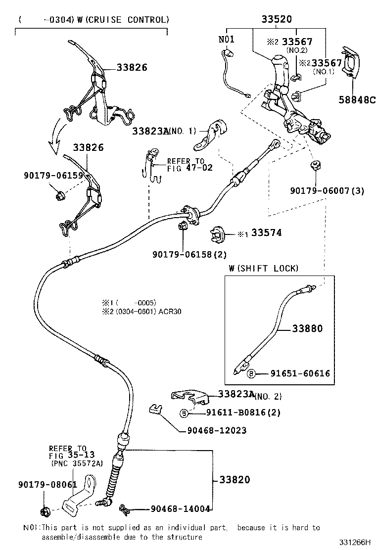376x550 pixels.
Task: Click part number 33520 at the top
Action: click(x=277, y=19)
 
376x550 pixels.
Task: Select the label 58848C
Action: click(x=357, y=99)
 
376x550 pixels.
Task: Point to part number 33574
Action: click(x=266, y=232)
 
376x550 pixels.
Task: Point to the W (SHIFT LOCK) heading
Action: click(x=264, y=268)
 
